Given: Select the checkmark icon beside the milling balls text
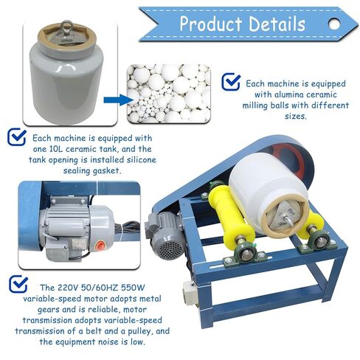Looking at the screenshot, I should point(231,81).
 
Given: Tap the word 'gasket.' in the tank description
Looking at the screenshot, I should point(107,170).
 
